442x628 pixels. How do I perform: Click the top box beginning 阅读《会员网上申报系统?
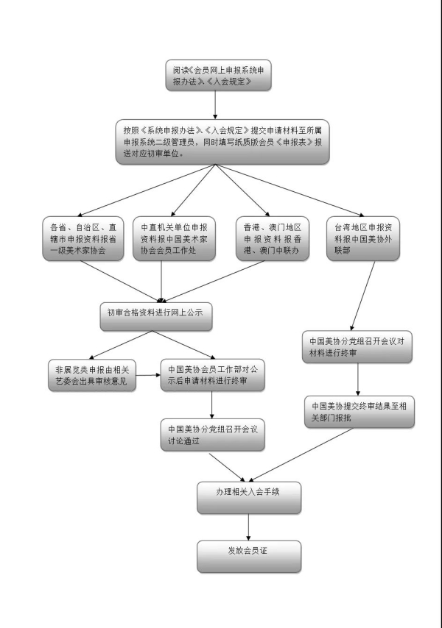pyautogui.click(x=219, y=75)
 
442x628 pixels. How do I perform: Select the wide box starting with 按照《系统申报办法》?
pyautogui.click(x=222, y=142)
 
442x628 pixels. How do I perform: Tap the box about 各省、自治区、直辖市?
pyautogui.click(x=83, y=239)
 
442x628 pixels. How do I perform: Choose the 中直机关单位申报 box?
pyautogui.click(x=174, y=239)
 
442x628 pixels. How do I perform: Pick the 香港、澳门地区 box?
pyautogui.click(x=273, y=239)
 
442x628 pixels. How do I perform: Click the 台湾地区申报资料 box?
pyautogui.click(x=363, y=239)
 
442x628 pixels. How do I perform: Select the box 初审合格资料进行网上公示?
pyautogui.click(x=156, y=316)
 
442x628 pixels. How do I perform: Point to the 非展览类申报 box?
pyautogui.click(x=92, y=375)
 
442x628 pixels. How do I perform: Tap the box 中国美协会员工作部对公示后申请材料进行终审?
pyautogui.click(x=213, y=375)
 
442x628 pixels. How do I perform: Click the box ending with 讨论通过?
pyautogui.click(x=213, y=435)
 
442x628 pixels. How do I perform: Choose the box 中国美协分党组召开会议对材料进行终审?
pyautogui.click(x=357, y=347)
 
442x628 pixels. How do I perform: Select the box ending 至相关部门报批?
pyautogui.click(x=359, y=412)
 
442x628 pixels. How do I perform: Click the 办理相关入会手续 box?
pyautogui.click(x=249, y=498)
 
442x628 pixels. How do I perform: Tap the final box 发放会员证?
pyautogui.click(x=249, y=557)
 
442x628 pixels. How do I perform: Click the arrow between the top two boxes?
pyautogui.click(x=215, y=105)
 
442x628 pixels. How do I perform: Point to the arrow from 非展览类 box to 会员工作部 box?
pyautogui.click(x=148, y=375)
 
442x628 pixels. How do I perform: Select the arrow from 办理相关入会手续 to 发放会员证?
pyautogui.click(x=249, y=527)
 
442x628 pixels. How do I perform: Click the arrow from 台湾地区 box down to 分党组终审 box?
pyautogui.click(x=362, y=296)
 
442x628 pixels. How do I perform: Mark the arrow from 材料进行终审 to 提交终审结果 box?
pyautogui.click(x=358, y=379)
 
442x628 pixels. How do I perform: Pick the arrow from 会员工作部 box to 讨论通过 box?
pyautogui.click(x=211, y=405)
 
